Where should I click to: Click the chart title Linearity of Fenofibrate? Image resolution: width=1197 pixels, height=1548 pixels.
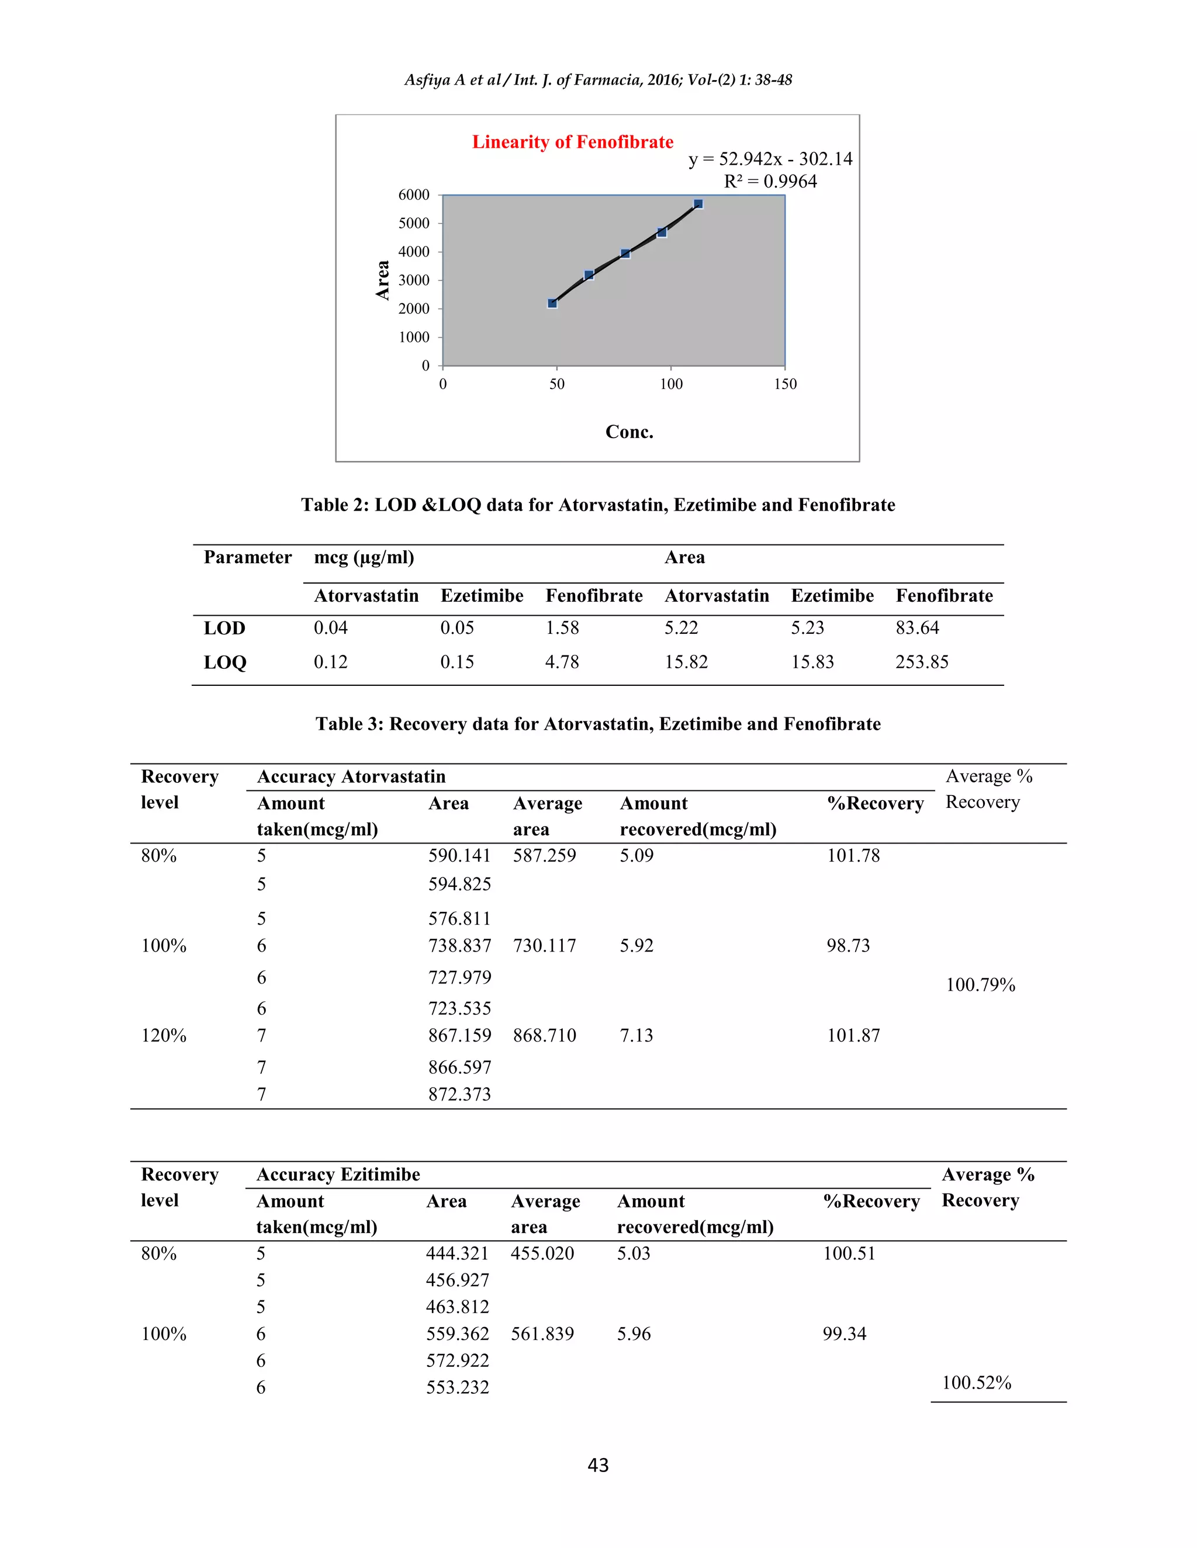(x=572, y=142)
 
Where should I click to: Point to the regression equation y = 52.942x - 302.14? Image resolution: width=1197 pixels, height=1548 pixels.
(x=770, y=159)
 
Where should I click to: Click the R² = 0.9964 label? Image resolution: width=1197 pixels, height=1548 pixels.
(x=770, y=182)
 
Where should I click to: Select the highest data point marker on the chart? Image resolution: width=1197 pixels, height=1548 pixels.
(x=698, y=204)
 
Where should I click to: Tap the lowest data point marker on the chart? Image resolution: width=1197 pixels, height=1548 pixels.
(x=552, y=303)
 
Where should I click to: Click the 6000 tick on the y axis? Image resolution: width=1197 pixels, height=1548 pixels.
(x=414, y=195)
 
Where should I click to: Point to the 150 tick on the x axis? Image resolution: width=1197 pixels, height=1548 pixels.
(x=785, y=384)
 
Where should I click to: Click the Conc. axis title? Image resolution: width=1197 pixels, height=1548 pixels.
(x=629, y=432)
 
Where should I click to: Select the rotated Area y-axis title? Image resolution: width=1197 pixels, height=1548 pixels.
(x=383, y=280)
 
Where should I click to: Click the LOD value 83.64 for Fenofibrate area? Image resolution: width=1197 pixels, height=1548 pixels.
(x=917, y=628)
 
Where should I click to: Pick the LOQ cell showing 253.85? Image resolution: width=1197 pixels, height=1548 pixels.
(x=921, y=662)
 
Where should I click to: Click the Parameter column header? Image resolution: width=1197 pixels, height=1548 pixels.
(x=247, y=557)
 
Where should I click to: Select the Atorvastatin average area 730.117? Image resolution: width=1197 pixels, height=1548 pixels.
(x=545, y=946)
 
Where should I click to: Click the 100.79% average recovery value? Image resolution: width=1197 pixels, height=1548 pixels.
(x=981, y=984)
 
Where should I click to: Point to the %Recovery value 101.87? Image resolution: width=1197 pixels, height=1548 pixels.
(x=853, y=1036)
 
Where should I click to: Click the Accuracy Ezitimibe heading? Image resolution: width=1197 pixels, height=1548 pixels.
(x=338, y=1175)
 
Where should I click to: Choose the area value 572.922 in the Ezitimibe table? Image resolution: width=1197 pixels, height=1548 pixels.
(x=458, y=1360)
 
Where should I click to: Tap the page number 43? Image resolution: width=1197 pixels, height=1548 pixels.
(x=598, y=1465)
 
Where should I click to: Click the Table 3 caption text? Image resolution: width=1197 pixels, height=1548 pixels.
(x=598, y=724)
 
